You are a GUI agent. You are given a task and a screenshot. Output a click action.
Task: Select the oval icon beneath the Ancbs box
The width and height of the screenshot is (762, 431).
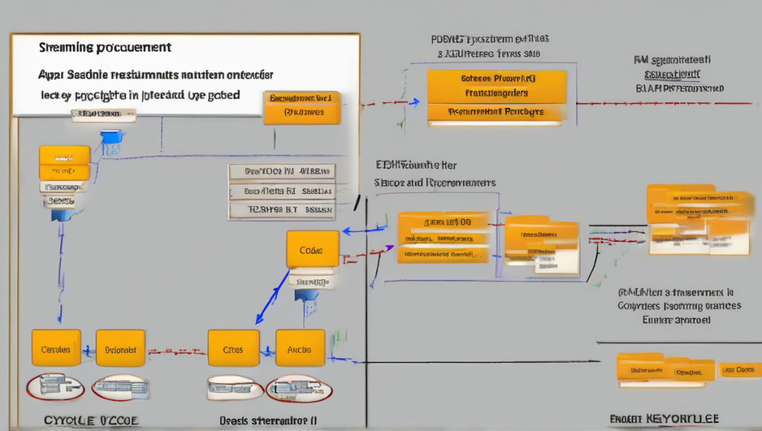(299, 388)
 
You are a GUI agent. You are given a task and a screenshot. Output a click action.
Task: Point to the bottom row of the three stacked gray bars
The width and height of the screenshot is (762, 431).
(281, 210)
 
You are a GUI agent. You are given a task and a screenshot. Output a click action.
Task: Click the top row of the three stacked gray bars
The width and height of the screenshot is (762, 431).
(281, 172)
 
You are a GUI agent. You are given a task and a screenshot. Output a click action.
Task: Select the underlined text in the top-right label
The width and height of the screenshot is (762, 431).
(673, 75)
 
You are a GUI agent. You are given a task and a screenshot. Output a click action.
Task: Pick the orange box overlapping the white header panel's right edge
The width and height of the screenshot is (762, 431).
(301, 107)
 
